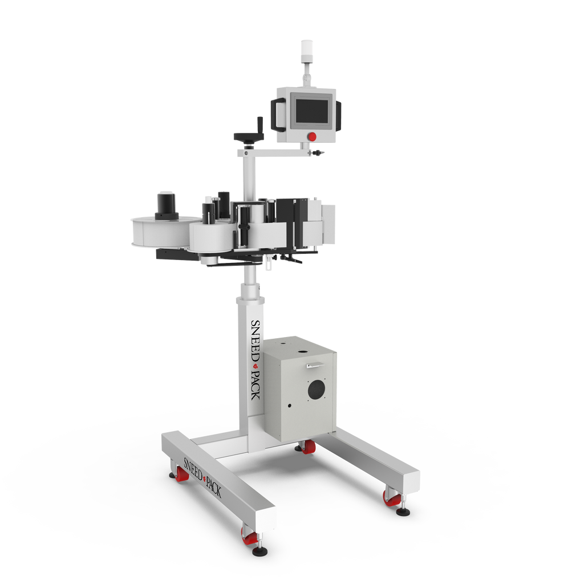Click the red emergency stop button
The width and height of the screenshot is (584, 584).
tap(312, 136)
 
